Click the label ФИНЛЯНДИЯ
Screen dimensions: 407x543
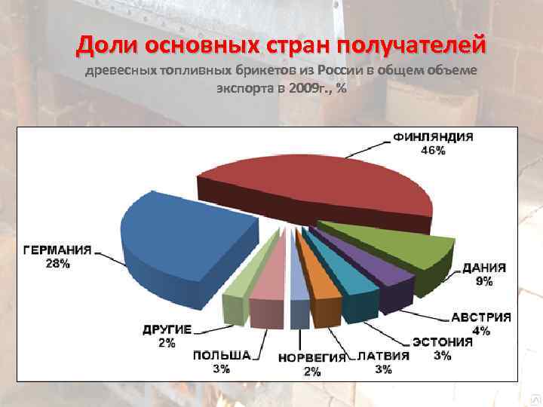pos(433,138)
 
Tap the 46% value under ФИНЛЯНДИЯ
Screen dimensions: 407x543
pos(433,151)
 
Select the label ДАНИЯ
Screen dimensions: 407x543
pos(484,268)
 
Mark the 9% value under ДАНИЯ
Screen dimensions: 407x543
pos(484,281)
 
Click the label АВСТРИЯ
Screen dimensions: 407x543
pos(481,317)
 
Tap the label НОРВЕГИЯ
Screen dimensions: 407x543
pos(311,357)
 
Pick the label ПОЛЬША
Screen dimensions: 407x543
pos(222,356)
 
